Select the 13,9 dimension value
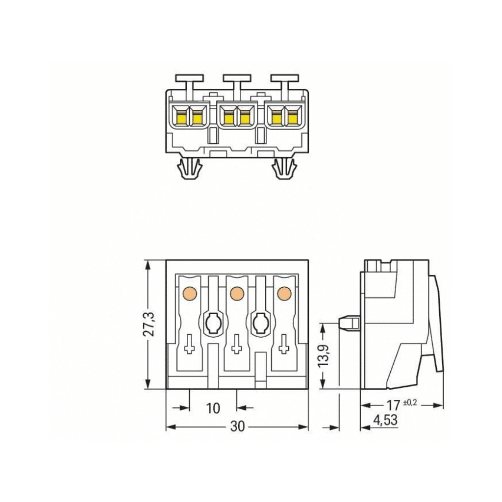pyautogui.click(x=324, y=354)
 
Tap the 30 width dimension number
pyautogui.click(x=237, y=427)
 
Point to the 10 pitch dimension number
pyautogui.click(x=213, y=408)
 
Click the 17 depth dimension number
pyautogui.click(x=393, y=405)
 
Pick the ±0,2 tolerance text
pyautogui.click(x=410, y=402)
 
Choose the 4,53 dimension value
pyautogui.click(x=385, y=420)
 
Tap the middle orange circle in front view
pyautogui.click(x=237, y=293)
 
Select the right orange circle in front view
pyautogui.click(x=283, y=293)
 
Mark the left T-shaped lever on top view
pyautogui.click(x=189, y=80)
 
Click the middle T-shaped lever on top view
pyautogui.click(x=237, y=80)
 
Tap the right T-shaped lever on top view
pyautogui.click(x=284, y=80)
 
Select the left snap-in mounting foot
pyautogui.click(x=189, y=169)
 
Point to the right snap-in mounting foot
pyautogui.click(x=284, y=169)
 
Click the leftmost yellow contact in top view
pyautogui.click(x=181, y=117)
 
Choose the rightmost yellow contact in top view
pyautogui.click(x=293, y=117)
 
